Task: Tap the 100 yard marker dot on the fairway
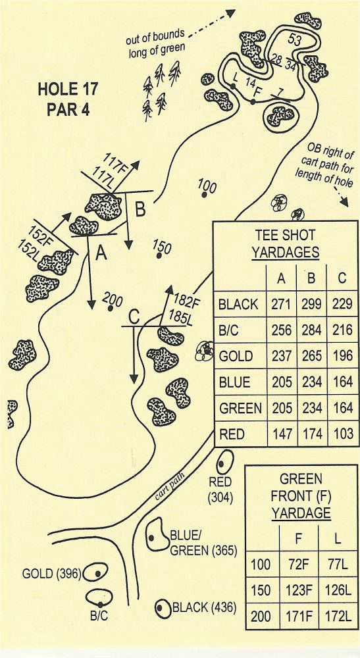tap(204, 194)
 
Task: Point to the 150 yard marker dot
tap(159, 255)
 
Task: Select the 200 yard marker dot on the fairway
tap(111, 309)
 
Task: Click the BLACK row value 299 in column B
tap(311, 304)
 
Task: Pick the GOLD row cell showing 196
tap(342, 356)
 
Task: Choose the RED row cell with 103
tap(342, 434)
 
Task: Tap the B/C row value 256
tap(281, 330)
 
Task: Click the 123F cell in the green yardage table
tap(299, 590)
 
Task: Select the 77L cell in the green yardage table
tap(338, 565)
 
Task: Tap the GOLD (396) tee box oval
tap(95, 572)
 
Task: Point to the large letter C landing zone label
tap(134, 318)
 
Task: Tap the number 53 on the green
tap(295, 41)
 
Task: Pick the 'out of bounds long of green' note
tap(156, 42)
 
